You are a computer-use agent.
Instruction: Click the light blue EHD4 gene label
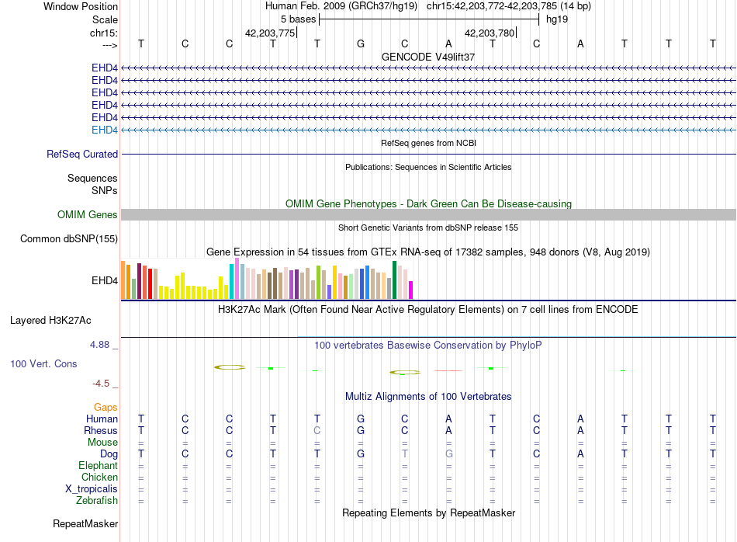tap(105, 130)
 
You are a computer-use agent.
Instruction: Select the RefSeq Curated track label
tap(82, 154)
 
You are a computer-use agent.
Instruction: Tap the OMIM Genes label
tap(88, 214)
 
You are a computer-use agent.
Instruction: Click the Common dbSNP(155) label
tap(69, 238)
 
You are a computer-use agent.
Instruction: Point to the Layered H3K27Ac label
tap(50, 321)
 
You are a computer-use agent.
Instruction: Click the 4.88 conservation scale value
tap(99, 345)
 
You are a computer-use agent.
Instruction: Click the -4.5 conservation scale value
tap(101, 384)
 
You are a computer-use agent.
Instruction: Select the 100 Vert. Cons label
tap(43, 363)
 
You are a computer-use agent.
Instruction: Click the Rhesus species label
tap(101, 430)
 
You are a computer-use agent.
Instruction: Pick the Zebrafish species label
tap(97, 500)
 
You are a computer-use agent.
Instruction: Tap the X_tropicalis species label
tap(92, 489)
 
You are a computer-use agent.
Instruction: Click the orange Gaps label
tap(106, 407)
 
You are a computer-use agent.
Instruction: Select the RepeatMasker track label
tap(85, 523)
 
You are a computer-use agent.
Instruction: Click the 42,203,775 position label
tap(270, 33)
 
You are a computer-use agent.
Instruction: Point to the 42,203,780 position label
tap(490, 33)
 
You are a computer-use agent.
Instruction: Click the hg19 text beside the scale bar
tap(557, 19)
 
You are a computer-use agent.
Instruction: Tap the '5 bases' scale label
tap(299, 19)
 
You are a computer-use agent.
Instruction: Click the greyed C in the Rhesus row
tap(317, 430)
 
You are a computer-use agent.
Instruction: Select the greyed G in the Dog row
tap(449, 454)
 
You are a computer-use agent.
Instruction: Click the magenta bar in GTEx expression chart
tap(411, 290)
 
